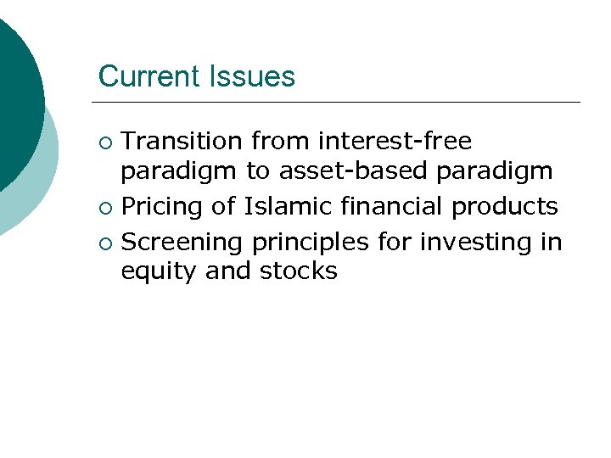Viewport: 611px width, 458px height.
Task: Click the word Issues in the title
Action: tap(254, 76)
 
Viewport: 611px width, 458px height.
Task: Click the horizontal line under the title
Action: tap(339, 103)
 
